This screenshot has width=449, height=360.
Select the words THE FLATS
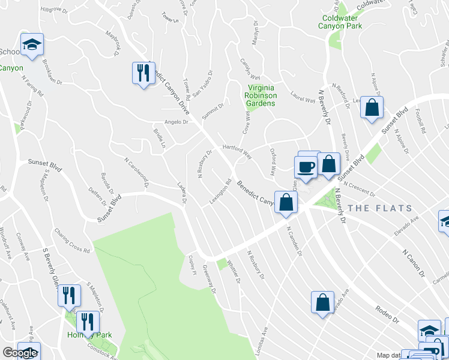[380, 209]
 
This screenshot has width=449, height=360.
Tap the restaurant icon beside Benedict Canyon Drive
[143, 73]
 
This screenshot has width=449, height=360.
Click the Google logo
[19, 353]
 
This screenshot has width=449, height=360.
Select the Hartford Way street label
[237, 148]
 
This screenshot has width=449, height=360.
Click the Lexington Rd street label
[220, 191]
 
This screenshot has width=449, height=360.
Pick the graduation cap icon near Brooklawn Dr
[32, 44]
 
